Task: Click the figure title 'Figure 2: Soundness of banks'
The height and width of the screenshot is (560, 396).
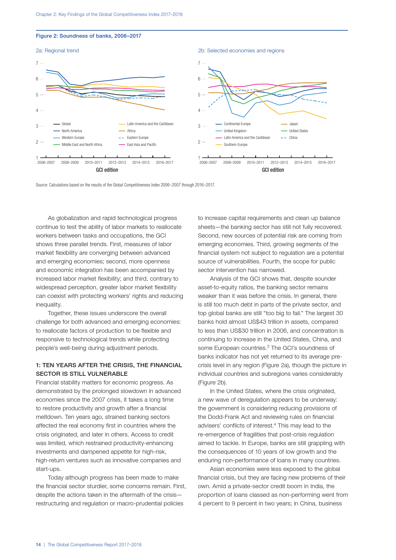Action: tap(88, 36)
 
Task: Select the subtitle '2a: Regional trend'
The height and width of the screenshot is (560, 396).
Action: tap(57, 50)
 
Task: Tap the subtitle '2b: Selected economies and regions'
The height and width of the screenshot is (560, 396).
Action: tap(241, 50)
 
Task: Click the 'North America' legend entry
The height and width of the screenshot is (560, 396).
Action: tap(72, 131)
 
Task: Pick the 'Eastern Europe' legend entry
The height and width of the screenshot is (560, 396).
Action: tap(138, 138)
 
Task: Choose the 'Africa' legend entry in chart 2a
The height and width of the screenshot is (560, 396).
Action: tap(131, 131)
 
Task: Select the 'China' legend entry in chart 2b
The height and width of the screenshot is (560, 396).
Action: tap(293, 138)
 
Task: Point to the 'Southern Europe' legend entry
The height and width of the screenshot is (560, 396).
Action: tap(235, 145)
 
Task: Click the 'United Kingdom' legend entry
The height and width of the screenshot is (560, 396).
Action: tap(235, 131)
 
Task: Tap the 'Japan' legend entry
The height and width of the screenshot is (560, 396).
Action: tap(293, 124)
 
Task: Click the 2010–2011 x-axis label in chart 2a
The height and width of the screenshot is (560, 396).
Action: tap(94, 163)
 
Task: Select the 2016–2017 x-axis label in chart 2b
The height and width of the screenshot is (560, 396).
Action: tap(326, 163)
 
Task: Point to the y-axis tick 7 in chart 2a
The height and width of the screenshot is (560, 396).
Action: tap(37, 63)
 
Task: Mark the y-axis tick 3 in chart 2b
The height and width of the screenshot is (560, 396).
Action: tap(199, 126)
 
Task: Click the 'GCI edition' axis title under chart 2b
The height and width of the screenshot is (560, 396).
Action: tap(273, 170)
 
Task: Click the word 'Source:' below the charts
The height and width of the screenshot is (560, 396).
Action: tap(42, 185)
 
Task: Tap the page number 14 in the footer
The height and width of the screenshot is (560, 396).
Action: tap(38, 545)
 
